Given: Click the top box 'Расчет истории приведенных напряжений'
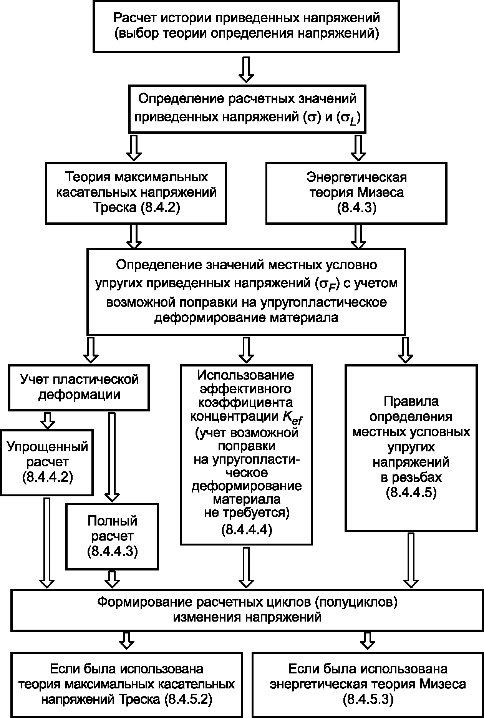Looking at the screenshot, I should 246,26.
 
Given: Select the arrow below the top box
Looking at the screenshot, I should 246,70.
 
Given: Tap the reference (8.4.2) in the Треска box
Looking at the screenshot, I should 161,208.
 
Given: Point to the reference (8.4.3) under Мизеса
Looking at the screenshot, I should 356,208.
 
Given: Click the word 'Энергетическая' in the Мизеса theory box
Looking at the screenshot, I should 356,177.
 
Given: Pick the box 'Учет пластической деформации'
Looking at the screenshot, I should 79,387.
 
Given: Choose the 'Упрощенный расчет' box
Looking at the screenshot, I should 47,462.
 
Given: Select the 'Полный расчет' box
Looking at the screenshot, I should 112,536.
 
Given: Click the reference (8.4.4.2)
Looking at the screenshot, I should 47,478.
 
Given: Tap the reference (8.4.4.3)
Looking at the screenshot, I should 112,552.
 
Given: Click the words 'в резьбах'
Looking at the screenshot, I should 411,477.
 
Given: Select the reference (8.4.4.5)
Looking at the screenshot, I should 411,493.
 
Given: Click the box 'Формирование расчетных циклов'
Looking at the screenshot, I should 246,610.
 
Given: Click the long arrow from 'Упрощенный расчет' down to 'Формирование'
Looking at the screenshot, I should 47,542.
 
